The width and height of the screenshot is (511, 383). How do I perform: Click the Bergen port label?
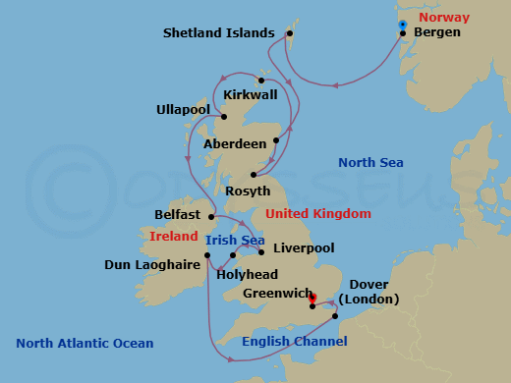[437, 32]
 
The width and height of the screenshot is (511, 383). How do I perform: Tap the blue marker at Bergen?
[402, 24]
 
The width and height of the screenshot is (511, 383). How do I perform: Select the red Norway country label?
[442, 18]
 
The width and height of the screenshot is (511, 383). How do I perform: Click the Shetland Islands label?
[218, 33]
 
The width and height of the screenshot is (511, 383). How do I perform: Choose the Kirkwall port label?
[251, 95]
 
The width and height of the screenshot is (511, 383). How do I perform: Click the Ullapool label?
[183, 109]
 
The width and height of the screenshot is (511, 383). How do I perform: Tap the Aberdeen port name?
[235, 143]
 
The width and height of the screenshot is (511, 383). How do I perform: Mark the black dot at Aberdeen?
[277, 140]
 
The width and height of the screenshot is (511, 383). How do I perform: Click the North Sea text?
[371, 163]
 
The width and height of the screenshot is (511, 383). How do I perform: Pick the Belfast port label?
[178, 214]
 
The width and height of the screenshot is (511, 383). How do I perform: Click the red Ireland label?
[172, 237]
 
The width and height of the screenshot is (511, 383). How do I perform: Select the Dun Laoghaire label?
[151, 264]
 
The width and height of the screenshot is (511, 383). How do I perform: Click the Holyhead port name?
[246, 275]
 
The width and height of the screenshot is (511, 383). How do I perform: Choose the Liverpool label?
[304, 248]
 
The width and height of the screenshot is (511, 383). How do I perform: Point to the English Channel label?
[294, 342]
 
